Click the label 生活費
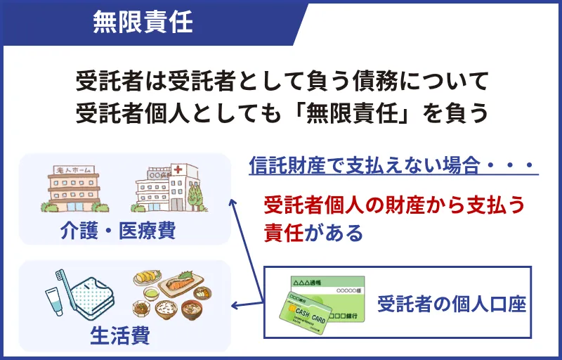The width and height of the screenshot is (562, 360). (x=120, y=336)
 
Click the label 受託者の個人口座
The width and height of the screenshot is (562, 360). (x=452, y=304)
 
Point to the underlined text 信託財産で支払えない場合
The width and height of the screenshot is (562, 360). (x=365, y=166)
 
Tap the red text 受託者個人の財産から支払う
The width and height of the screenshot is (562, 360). (x=394, y=205)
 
